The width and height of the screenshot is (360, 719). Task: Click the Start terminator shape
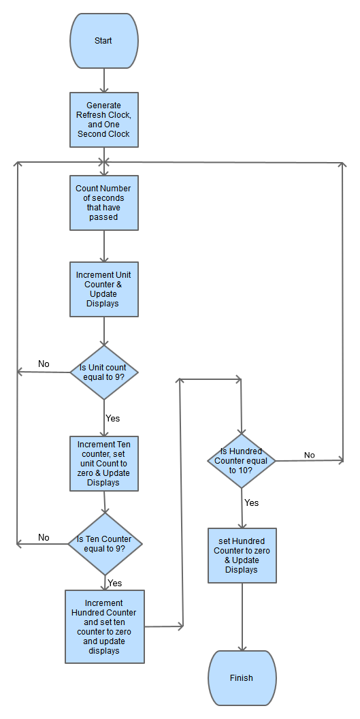click(104, 41)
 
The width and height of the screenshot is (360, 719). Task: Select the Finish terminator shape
click(242, 677)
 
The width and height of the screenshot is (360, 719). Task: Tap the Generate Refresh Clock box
click(104, 120)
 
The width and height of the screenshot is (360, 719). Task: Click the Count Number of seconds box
click(104, 203)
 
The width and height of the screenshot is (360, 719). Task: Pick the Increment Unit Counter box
click(104, 289)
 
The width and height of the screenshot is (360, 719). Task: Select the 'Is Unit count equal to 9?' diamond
click(104, 372)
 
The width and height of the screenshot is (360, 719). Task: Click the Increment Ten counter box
click(104, 464)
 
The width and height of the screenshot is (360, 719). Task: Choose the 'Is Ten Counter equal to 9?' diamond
click(105, 544)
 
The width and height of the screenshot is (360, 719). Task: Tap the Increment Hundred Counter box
click(105, 626)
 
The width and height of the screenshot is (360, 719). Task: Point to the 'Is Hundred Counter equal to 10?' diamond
click(242, 461)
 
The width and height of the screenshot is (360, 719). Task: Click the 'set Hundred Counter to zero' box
click(242, 556)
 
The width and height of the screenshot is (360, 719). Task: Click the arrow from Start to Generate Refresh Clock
click(104, 80)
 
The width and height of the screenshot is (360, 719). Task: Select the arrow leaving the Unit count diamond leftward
click(44, 372)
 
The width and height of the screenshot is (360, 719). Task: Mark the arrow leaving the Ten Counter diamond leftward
click(42, 544)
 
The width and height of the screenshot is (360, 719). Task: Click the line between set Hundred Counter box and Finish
click(242, 616)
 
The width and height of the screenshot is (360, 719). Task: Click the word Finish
click(242, 677)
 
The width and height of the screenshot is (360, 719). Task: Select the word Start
click(104, 41)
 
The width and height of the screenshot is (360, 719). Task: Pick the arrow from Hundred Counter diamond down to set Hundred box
click(242, 508)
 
